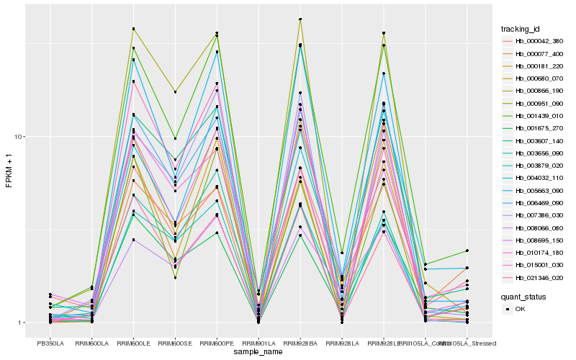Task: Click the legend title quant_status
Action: pyautogui.click(x=524, y=296)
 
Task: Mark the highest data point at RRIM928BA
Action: pyautogui.click(x=300, y=19)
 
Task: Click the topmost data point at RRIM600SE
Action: pyautogui.click(x=175, y=91)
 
